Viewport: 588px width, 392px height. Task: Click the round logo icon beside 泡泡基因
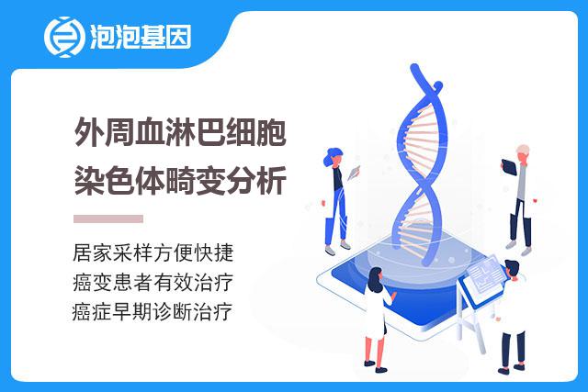pos(63,37)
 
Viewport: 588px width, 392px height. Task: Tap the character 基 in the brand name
pos(153,37)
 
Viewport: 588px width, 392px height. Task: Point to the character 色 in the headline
pos(119,180)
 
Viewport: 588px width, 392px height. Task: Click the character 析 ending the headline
pos(272,180)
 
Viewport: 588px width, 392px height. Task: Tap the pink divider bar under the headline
pos(108,218)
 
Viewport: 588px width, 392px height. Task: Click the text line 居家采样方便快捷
pos(153,252)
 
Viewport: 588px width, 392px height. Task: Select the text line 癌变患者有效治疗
pos(153,282)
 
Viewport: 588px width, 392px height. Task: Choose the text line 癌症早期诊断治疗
pos(153,311)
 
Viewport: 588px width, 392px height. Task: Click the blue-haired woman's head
pos(334,157)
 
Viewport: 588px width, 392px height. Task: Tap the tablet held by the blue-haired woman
pos(354,173)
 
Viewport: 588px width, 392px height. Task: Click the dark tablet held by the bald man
pos(509,167)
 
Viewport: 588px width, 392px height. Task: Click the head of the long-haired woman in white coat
pos(376,279)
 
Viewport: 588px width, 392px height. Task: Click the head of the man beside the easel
pos(512,269)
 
